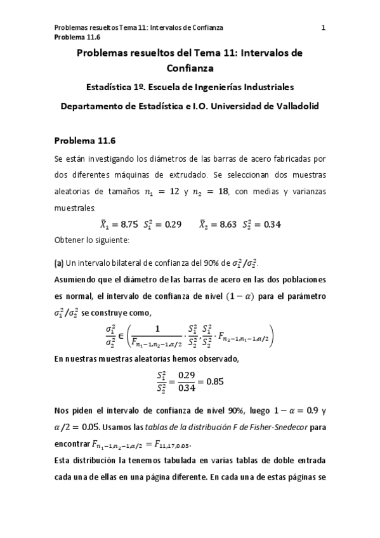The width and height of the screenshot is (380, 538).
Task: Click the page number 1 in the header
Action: pos(324,27)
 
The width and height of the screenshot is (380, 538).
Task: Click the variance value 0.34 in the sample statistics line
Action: pos(271,224)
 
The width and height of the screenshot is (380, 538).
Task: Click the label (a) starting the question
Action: pos(60,263)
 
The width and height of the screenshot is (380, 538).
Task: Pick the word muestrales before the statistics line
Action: pos(75,207)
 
